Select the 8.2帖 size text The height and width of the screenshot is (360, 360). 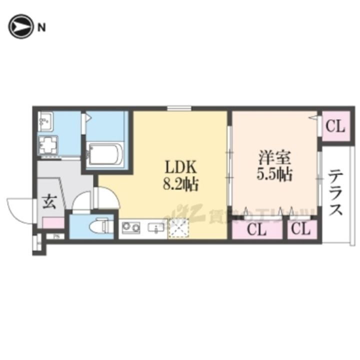point(180,185)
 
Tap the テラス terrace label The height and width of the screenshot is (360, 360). point(335,192)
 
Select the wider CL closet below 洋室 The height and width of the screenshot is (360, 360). point(256,230)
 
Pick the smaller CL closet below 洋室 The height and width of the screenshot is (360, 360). point(301,230)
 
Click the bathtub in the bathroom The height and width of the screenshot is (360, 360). point(104,155)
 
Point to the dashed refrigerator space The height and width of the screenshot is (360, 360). point(178,228)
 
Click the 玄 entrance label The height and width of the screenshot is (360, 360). point(49,202)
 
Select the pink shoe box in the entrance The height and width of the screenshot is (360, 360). point(53,223)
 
